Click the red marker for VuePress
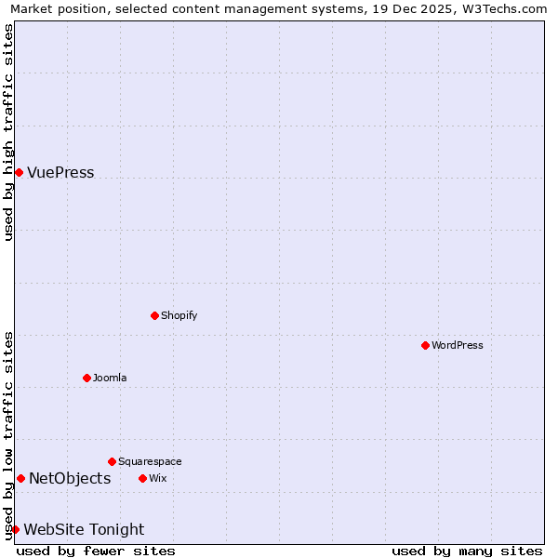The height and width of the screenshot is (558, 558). [x=19, y=172]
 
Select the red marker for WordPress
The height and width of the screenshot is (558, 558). [x=425, y=345]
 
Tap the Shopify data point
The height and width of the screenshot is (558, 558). [x=154, y=315]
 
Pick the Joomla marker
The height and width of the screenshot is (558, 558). [x=86, y=378]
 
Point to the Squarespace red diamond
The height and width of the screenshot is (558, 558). [x=112, y=461]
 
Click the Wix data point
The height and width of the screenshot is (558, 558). [x=142, y=478]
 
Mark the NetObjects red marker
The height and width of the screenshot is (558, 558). [x=20, y=478]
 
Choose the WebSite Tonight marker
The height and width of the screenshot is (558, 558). [x=15, y=529]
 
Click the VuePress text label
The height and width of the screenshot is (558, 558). [x=60, y=173]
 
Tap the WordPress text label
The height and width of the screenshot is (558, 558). [x=458, y=345]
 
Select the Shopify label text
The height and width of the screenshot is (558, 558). [x=179, y=315]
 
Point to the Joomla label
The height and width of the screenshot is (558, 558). [x=110, y=378]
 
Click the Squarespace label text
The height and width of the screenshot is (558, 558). [x=150, y=461]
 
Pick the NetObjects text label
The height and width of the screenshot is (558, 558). [x=70, y=479]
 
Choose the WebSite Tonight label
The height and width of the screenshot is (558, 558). [x=84, y=530]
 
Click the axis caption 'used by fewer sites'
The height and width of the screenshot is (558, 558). [x=96, y=551]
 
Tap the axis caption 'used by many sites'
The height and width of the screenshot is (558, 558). [x=467, y=551]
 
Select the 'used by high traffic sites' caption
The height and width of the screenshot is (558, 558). [x=8, y=132]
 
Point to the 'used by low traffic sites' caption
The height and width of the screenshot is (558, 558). [x=8, y=435]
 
